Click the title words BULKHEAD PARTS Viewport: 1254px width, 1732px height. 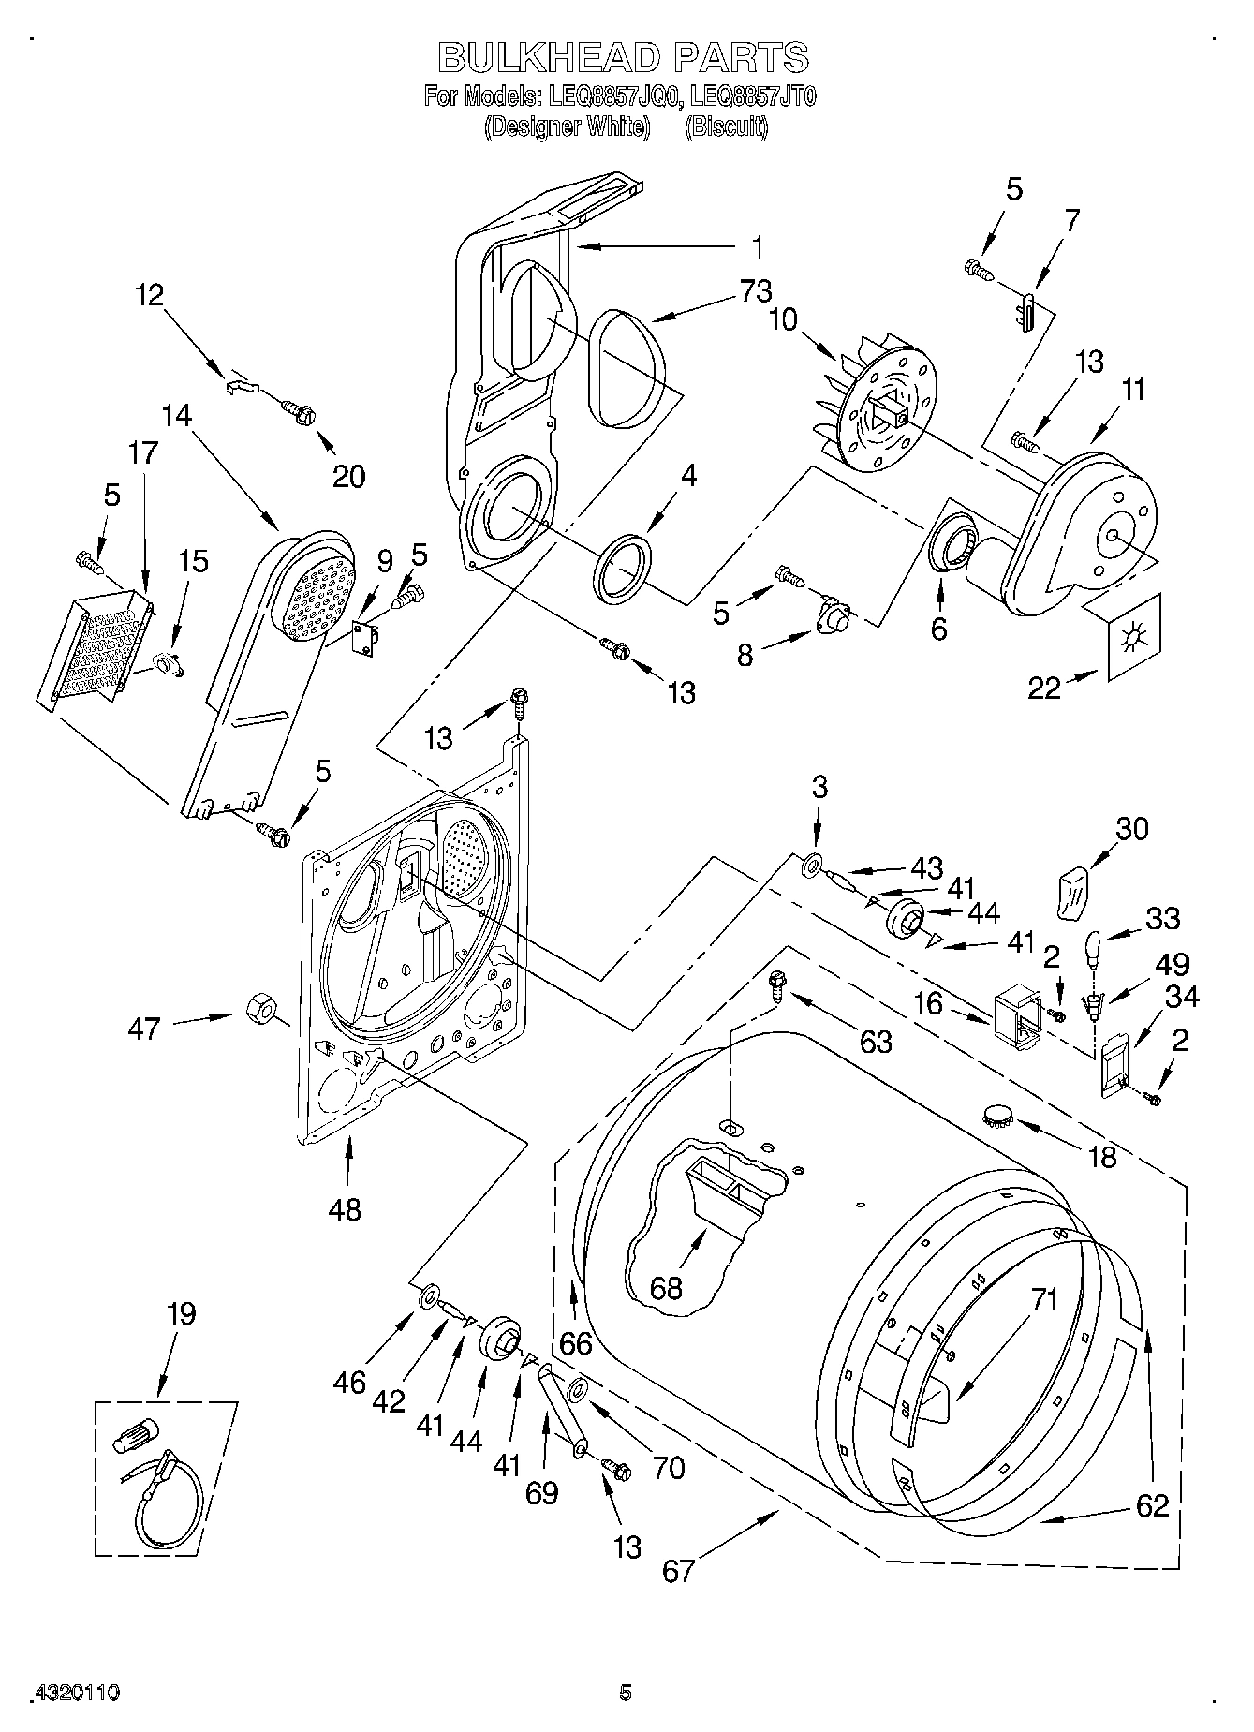coord(624,58)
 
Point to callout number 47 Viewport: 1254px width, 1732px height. coord(145,1029)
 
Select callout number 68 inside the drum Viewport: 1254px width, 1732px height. coord(667,1287)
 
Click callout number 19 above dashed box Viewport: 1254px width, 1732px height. coord(181,1313)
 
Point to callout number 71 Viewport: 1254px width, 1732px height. coord(1044,1299)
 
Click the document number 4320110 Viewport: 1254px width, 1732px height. coord(77,1692)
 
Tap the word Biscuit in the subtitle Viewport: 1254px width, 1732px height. coord(726,126)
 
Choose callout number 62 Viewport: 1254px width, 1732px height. coord(1152,1504)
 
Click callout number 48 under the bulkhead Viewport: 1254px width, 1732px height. coord(345,1209)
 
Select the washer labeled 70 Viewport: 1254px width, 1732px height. coord(577,1387)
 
